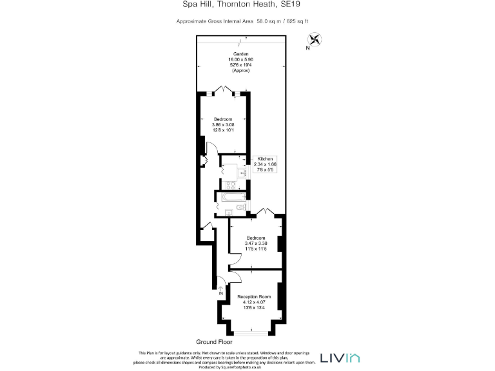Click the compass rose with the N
coord(315,40)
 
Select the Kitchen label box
coord(267,164)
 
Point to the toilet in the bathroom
coord(240,208)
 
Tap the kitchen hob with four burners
coord(230,185)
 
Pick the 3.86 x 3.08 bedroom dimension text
coord(224,125)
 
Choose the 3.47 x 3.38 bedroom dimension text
coord(255,243)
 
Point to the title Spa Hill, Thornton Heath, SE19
coord(247,5)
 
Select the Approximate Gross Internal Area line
coord(247,21)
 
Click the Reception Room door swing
coord(235,276)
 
